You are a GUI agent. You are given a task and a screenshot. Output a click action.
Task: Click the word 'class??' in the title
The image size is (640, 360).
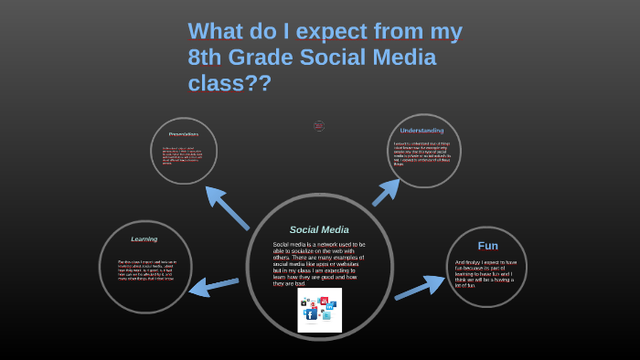point(229,83)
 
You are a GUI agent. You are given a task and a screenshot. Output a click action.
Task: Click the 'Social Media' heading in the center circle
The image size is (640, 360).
point(319,229)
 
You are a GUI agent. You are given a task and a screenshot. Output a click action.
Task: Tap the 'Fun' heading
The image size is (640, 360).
point(487,246)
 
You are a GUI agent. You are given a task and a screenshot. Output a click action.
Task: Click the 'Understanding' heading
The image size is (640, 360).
point(421,131)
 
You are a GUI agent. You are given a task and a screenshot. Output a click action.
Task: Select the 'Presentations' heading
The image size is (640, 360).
point(183,134)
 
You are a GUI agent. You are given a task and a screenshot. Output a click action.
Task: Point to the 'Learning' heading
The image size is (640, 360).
point(144,239)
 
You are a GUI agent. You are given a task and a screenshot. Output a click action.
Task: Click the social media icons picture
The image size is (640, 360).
point(319,310)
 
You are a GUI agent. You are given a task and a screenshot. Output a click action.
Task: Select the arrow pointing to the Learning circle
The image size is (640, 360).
point(213,286)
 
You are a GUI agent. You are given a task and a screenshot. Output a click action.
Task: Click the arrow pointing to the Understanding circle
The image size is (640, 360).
point(386,192)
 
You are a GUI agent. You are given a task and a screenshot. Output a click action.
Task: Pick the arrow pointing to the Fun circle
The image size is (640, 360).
point(420,289)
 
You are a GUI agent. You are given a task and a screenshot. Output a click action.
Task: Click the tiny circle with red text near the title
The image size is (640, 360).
point(319,126)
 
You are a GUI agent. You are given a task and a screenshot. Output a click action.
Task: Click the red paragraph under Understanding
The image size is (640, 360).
point(422,153)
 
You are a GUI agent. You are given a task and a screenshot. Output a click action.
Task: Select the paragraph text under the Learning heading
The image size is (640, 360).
point(146,269)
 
